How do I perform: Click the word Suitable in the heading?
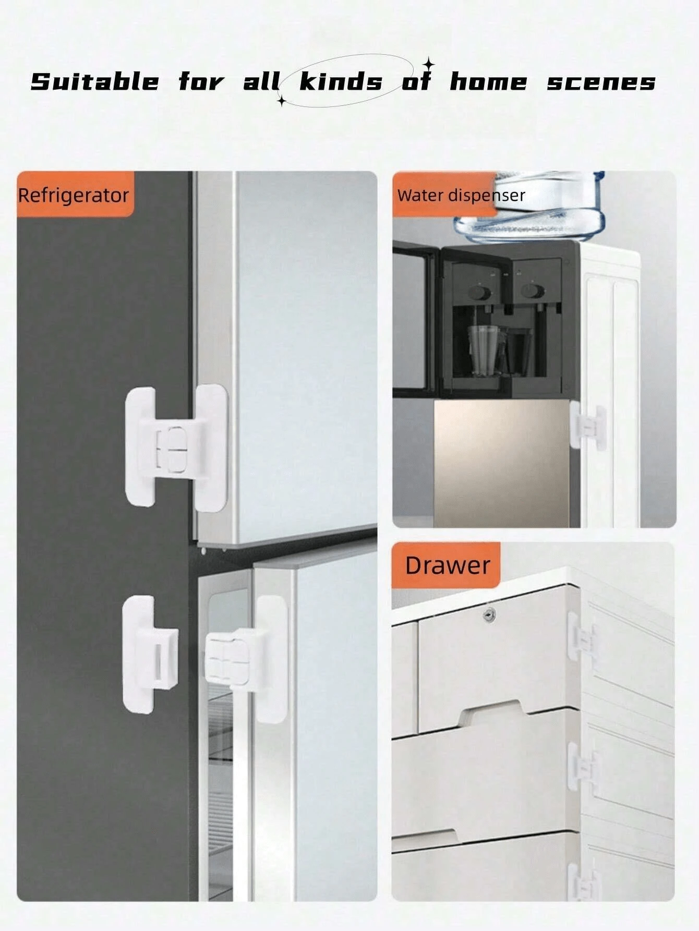pos(94,82)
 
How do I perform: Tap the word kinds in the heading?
pos(341,82)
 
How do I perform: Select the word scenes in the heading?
pos(600,82)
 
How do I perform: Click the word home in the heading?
pos(488,82)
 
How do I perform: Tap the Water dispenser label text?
pos(461,195)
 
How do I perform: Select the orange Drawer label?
pos(447,565)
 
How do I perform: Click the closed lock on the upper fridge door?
pos(176,448)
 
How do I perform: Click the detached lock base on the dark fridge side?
pos(149,654)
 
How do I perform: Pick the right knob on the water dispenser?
pos(533,291)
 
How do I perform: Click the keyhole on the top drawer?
pos(488,615)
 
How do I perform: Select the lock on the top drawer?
pos(580,637)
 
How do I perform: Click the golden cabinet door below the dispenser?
pos(501,462)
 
